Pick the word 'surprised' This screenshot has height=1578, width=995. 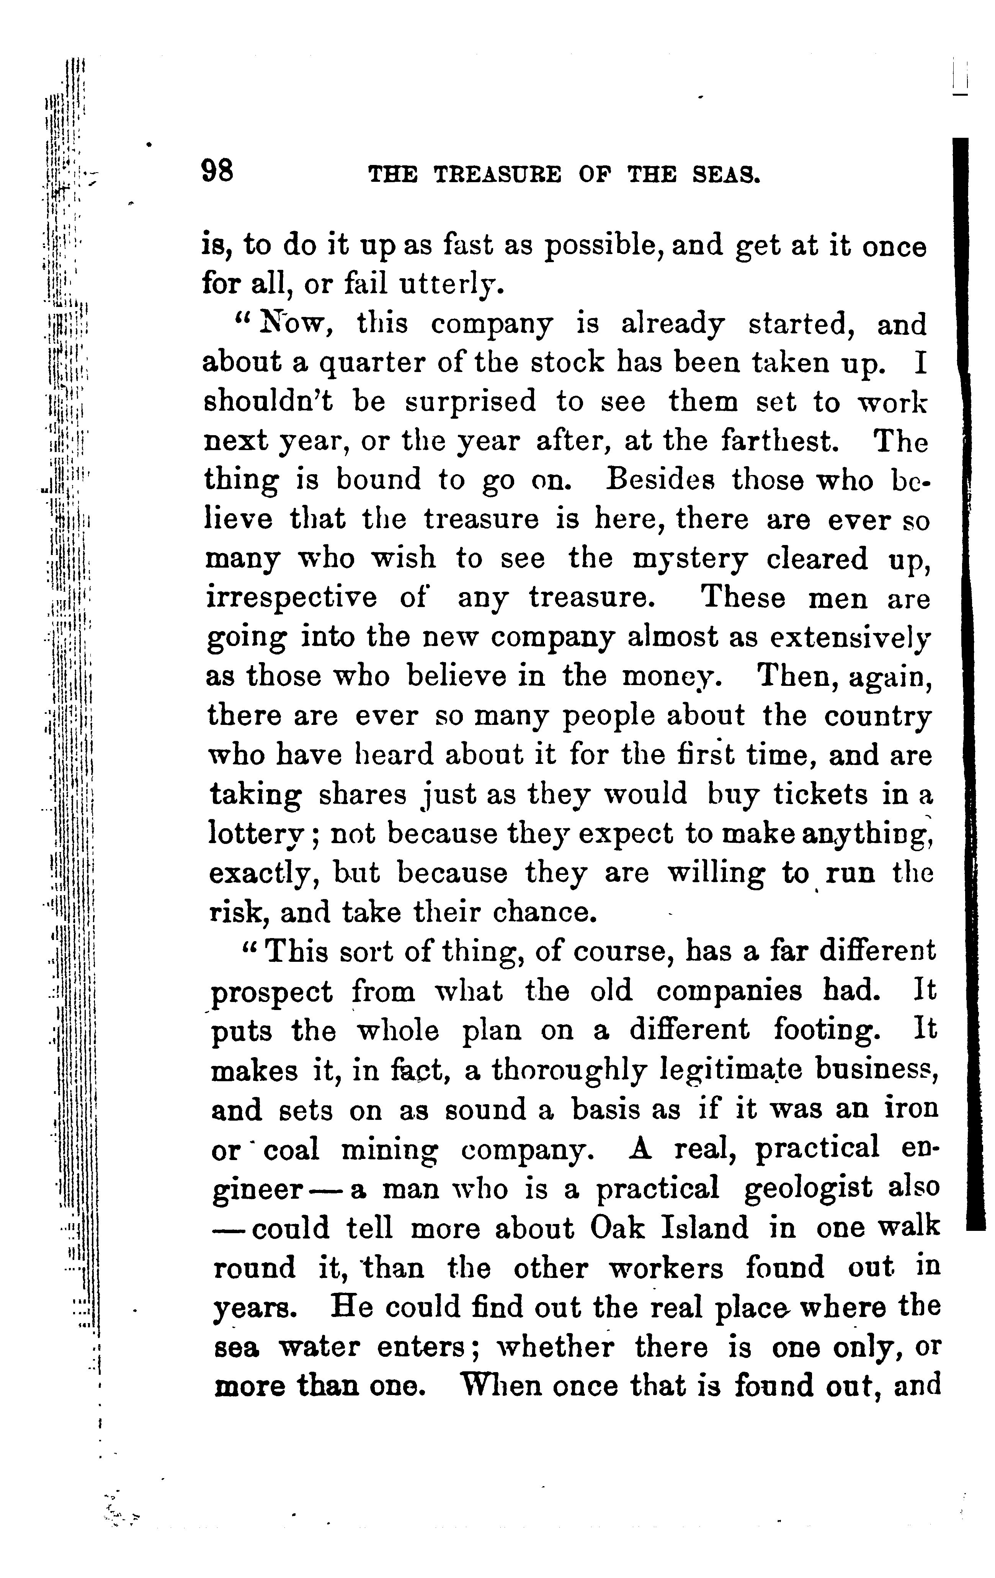pos(470,402)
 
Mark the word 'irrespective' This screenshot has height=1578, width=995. pos(292,598)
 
